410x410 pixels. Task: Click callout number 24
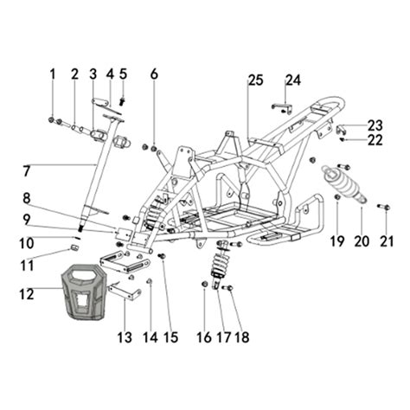coord(293,80)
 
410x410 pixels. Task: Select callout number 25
coord(254,80)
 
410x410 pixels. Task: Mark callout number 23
coord(375,125)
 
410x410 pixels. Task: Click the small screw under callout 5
coord(123,100)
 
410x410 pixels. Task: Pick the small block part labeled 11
coord(74,249)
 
